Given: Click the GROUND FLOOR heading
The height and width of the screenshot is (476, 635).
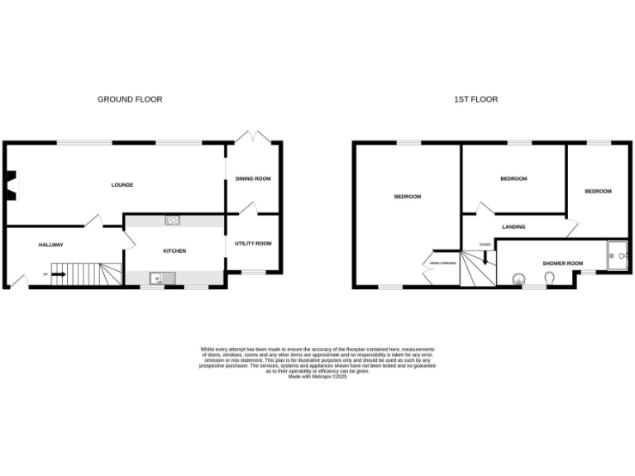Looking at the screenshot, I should pyautogui.click(x=130, y=99).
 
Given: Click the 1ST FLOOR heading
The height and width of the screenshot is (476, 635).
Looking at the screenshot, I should pyautogui.click(x=475, y=99).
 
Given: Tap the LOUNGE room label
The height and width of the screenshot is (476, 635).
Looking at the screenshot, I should pyautogui.click(x=122, y=184).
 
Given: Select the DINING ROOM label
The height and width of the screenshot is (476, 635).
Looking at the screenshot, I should pyautogui.click(x=253, y=178).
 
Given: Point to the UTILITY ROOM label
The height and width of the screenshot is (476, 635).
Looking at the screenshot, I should pyautogui.click(x=253, y=243).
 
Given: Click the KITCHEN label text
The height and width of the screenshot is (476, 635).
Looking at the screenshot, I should pyautogui.click(x=174, y=250).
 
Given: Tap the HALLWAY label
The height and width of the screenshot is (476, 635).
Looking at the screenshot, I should pyautogui.click(x=51, y=245).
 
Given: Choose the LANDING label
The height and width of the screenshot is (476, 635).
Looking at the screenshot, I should pyautogui.click(x=513, y=226).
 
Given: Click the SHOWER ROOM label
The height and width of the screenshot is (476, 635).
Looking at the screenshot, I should pyautogui.click(x=562, y=263).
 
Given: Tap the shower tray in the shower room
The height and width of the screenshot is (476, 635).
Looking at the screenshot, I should pyautogui.click(x=617, y=255).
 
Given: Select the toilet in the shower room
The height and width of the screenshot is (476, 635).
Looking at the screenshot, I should pyautogui.click(x=550, y=278).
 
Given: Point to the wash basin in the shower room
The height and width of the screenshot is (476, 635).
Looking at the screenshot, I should pyautogui.click(x=520, y=278).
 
